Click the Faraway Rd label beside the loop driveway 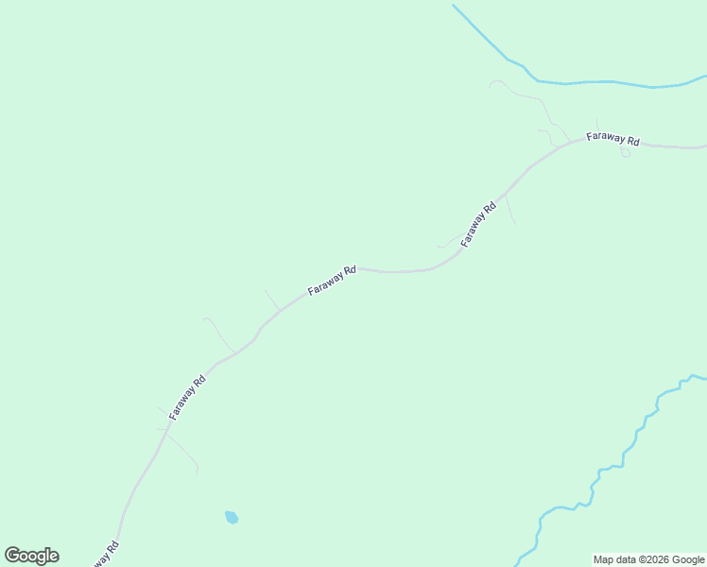click(612, 139)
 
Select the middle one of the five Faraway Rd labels click(332, 280)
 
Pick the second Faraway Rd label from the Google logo click(187, 398)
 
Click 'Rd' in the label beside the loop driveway click(631, 142)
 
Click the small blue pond click(232, 517)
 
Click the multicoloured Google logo click(32, 556)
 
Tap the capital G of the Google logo click(12, 555)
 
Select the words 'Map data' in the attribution click(615, 559)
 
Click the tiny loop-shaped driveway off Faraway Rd click(625, 152)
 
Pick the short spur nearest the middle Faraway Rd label click(272, 301)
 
